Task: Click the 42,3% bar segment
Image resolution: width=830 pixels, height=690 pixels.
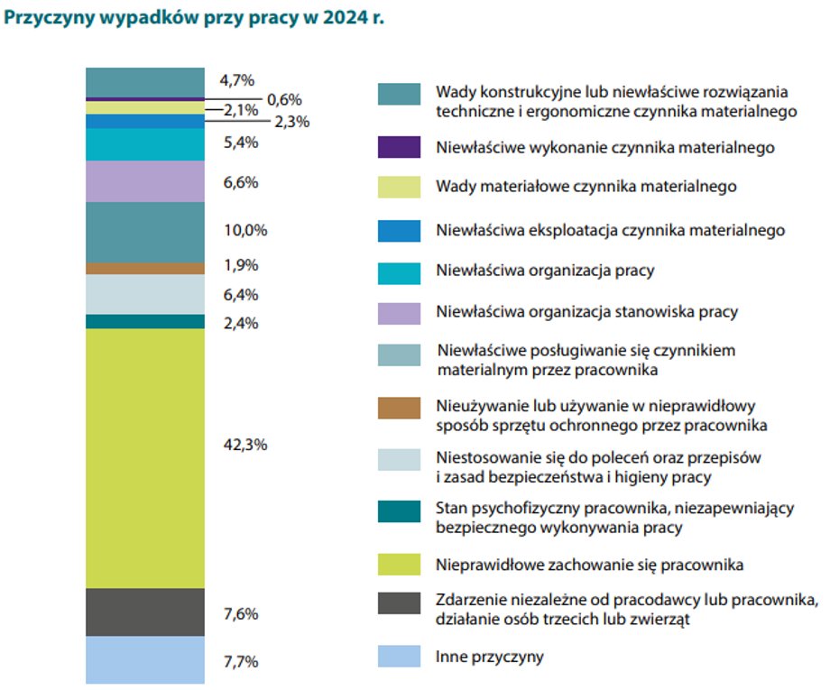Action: pyautogui.click(x=144, y=458)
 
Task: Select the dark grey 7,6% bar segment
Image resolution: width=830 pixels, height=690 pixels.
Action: pyautogui.click(x=144, y=612)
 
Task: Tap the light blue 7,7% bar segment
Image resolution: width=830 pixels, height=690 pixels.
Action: pyautogui.click(x=144, y=659)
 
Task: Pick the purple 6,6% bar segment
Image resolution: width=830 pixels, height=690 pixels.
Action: pyautogui.click(x=144, y=181)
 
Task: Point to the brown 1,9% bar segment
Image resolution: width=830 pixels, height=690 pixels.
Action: pyautogui.click(x=144, y=268)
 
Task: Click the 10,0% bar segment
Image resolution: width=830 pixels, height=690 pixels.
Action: pyautogui.click(x=144, y=232)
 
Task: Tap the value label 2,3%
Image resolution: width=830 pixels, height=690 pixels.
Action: pyautogui.click(x=291, y=122)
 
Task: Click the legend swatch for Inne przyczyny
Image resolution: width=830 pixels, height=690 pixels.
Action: pyautogui.click(x=399, y=656)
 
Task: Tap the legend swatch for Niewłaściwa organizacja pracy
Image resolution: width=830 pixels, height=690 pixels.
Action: pyautogui.click(x=399, y=271)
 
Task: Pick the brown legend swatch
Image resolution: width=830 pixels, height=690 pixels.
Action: pyautogui.click(x=399, y=409)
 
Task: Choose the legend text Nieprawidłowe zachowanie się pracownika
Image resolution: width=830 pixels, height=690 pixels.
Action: pyautogui.click(x=589, y=566)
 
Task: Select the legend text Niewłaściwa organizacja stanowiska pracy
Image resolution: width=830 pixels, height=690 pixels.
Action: pyautogui.click(x=586, y=311)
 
